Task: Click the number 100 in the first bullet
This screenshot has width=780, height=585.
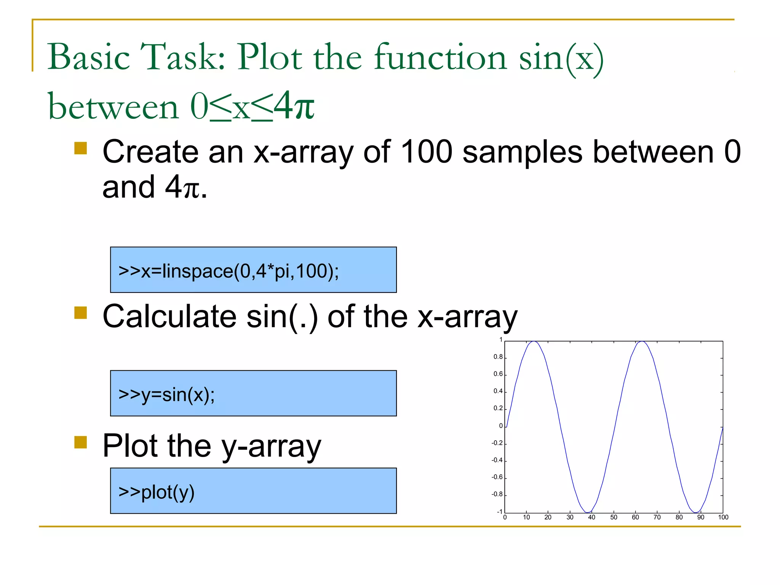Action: point(427,152)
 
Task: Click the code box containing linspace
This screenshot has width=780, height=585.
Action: point(253,270)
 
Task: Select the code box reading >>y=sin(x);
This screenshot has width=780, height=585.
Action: point(253,393)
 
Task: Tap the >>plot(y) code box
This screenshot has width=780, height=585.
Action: point(253,491)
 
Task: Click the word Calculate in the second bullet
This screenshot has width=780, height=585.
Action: point(170,316)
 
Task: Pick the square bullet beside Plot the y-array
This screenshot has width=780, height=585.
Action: point(81,442)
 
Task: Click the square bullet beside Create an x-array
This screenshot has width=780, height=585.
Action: point(81,148)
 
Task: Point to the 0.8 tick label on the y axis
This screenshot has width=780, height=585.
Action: point(498,357)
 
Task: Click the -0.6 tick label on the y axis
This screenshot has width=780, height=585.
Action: point(497,477)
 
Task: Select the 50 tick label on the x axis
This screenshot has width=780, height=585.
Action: point(614,517)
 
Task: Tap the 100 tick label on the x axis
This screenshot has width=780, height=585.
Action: point(723,517)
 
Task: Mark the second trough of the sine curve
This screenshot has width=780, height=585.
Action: point(696,512)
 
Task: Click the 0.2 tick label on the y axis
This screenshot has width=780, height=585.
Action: point(498,408)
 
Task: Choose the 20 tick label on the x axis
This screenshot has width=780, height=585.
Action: point(548,517)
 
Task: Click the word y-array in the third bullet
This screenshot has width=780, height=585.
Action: point(271,446)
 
